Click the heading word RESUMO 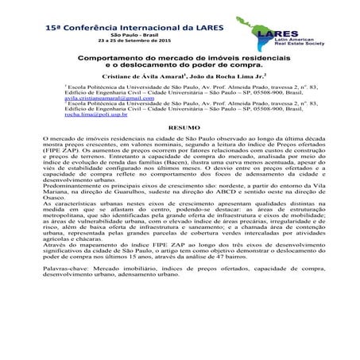coord(180,127)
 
